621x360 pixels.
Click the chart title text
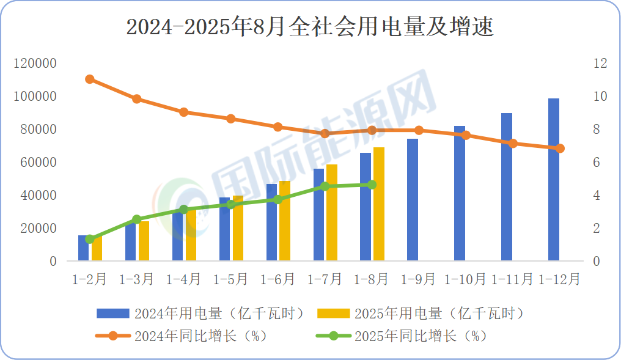pos(310,28)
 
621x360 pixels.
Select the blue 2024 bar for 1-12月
pos(553,180)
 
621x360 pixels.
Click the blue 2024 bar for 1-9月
pos(413,200)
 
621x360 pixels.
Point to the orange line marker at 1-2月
pos(90,79)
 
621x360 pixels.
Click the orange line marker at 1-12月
pos(560,149)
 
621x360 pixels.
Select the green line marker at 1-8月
pos(372,185)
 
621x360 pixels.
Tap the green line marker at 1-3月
pos(137,219)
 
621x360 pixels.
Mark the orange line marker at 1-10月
pos(466,135)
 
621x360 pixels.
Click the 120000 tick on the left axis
pos(36,63)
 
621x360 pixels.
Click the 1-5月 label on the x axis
pos(230,279)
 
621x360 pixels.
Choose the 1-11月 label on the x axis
pos(513,279)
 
